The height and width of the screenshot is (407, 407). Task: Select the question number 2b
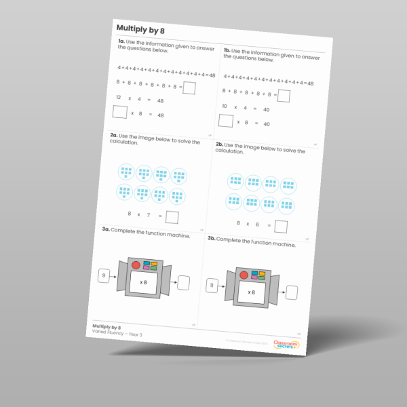(219, 144)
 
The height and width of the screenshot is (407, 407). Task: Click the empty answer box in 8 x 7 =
(172, 217)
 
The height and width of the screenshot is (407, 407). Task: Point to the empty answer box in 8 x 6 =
(280, 227)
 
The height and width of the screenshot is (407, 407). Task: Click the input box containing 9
(104, 275)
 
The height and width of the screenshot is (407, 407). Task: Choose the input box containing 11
(212, 286)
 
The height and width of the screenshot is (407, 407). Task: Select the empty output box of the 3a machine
(183, 283)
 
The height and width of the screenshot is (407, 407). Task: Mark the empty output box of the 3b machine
(292, 292)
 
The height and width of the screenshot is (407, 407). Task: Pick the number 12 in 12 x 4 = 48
(118, 98)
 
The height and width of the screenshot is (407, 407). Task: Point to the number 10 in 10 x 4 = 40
(225, 106)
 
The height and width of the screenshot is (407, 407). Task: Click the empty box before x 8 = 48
(120, 113)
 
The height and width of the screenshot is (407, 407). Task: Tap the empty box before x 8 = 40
(226, 121)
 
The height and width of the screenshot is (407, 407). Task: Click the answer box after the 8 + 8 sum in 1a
(190, 88)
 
